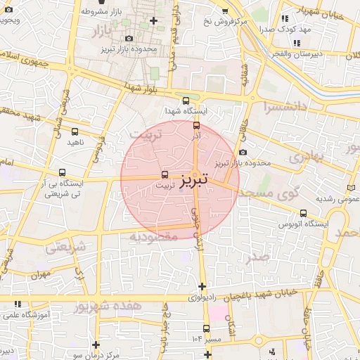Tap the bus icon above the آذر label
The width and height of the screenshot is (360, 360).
[196, 125]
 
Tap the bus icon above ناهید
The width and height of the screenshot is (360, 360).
[75, 131]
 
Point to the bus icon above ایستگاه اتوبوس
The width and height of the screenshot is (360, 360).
[303, 212]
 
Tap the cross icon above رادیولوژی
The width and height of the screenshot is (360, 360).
[202, 286]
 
